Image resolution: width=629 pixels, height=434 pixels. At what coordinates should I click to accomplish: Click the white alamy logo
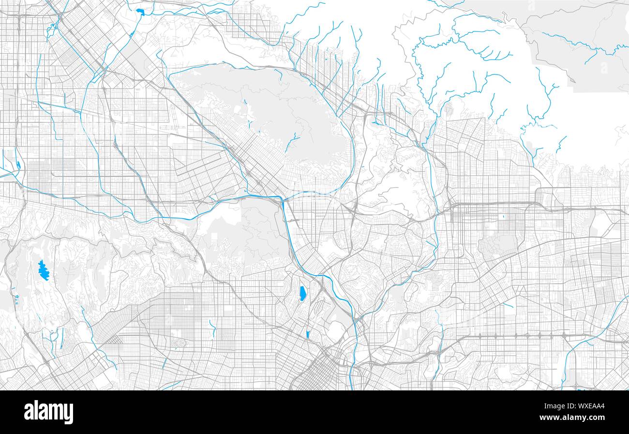click(x=48, y=412)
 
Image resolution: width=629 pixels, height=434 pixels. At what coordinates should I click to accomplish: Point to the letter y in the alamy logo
click(x=68, y=414)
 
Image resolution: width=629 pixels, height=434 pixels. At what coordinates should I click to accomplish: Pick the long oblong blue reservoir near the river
click(x=302, y=293)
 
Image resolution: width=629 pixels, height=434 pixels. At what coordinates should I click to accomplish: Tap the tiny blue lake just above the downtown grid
click(x=308, y=334)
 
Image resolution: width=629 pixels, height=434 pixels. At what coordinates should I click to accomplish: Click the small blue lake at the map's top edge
click(x=140, y=12)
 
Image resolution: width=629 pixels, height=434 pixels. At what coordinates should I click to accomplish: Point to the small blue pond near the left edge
click(x=18, y=165)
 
